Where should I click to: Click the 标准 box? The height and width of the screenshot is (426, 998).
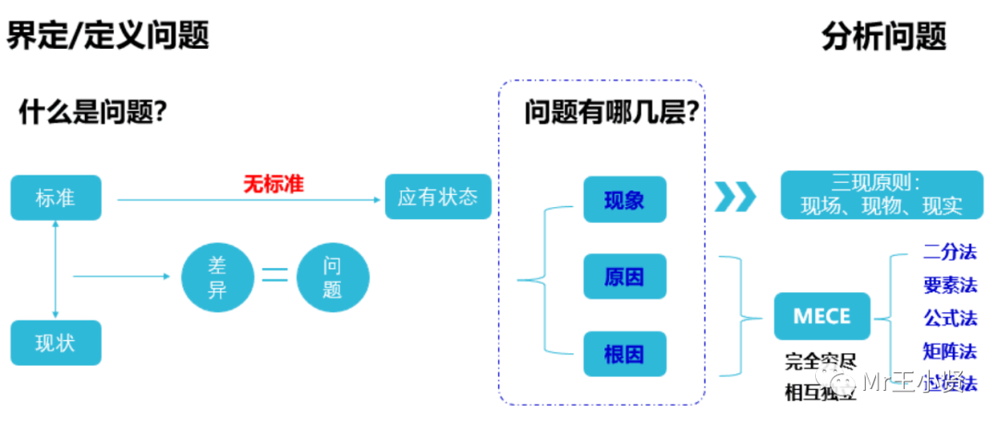point(56,199)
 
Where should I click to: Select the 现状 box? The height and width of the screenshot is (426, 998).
point(56,343)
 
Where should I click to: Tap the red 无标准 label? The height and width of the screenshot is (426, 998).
point(273,184)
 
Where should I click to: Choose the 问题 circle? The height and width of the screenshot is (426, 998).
point(333,276)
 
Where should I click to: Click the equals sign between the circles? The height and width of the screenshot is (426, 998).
point(274,275)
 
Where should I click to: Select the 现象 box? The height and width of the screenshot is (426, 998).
point(624,200)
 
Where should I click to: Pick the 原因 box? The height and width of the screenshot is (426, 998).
point(624,275)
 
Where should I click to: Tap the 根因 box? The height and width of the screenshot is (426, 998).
point(624,354)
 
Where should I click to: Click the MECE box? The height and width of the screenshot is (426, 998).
point(822,316)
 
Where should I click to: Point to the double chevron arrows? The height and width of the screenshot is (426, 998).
point(735,196)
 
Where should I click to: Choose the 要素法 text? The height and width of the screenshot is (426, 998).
point(949,285)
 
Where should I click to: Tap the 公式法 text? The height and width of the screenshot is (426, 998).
point(949,318)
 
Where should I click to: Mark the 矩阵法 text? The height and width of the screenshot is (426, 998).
point(949,351)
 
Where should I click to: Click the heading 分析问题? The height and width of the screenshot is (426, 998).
point(883,37)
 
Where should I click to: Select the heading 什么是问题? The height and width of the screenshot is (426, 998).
point(92,113)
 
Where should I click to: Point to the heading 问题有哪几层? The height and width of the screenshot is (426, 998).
point(611,113)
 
